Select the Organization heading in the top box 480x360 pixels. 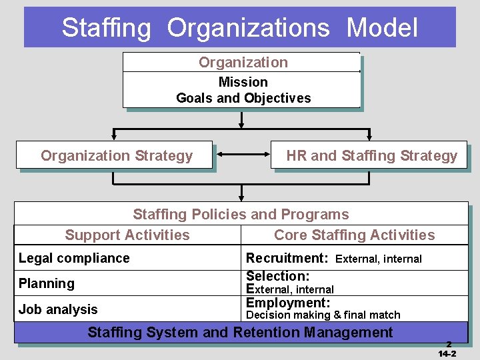pos(243,63)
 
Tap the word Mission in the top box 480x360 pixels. pos(243,82)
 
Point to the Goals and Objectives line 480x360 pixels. pos(243,98)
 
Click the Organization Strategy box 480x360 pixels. pos(116,156)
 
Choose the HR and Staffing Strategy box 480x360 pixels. pos(371,156)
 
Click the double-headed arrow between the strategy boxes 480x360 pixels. pos(243,156)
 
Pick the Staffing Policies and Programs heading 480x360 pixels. pos(241,214)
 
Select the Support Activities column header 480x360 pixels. pos(127,235)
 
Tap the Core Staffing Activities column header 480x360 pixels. pos(354,235)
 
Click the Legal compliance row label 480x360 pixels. pos(74,258)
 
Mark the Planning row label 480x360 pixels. pos(47,283)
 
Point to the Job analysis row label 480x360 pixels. pos(58,309)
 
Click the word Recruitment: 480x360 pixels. pos(287,258)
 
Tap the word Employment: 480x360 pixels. pos(288,303)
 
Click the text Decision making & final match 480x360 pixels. pos(323,315)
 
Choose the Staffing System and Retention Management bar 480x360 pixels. pos(241,332)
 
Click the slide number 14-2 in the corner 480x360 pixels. pos(447,353)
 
